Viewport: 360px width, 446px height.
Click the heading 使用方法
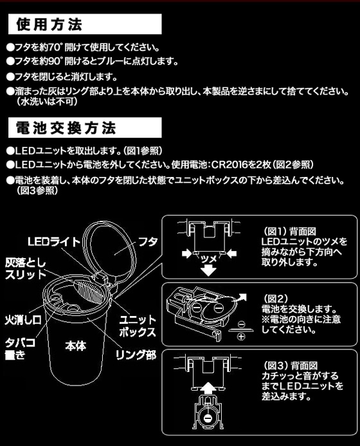(x=49, y=24)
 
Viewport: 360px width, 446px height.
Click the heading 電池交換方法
(x=66, y=128)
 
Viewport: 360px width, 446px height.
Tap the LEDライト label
(x=54, y=242)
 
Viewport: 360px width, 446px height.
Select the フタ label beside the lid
(x=148, y=242)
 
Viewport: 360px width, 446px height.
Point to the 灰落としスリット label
(x=26, y=269)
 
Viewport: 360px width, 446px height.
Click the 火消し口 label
(x=23, y=320)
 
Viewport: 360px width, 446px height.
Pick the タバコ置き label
(x=20, y=348)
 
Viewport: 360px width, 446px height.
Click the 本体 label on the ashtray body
(x=76, y=346)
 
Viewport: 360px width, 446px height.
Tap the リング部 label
(x=136, y=355)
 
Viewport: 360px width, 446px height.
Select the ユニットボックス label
(x=138, y=326)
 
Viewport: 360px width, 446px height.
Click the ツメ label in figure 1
(x=209, y=259)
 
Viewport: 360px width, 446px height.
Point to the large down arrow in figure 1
(x=209, y=270)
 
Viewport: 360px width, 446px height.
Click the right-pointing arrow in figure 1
(x=186, y=253)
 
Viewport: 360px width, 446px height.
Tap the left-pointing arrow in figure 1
(x=231, y=253)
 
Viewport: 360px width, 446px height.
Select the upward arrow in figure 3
(x=209, y=388)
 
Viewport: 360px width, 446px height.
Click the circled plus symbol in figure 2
(x=241, y=337)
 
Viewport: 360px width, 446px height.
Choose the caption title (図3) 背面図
(x=289, y=366)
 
